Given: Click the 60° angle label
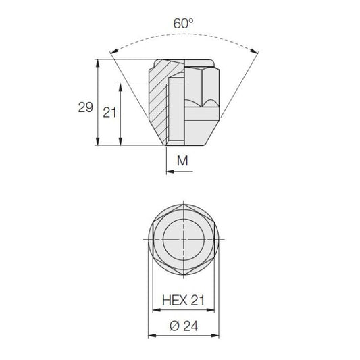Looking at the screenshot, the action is tap(183, 23).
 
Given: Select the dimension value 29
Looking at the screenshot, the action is tap(85, 107).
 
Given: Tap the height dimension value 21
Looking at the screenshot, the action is tap(109, 113).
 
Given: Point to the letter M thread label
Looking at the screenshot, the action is tap(182, 161).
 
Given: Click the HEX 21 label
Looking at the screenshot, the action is tap(183, 300).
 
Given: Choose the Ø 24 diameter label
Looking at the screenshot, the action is tap(184, 326).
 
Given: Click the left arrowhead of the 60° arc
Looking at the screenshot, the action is tap(114, 51).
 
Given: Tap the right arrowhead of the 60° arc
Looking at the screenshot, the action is tap(255, 51).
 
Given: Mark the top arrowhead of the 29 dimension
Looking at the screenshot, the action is tap(98, 63).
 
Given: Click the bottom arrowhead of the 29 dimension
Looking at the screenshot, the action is tap(98, 141).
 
